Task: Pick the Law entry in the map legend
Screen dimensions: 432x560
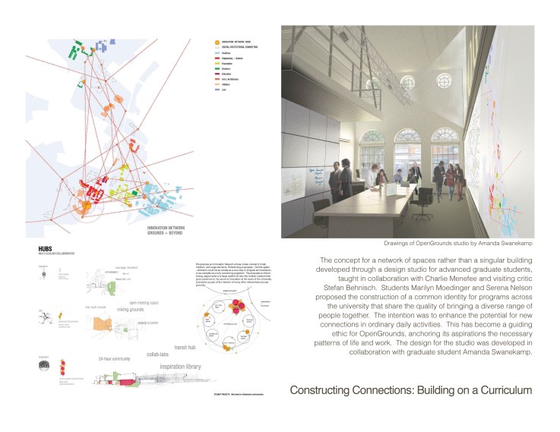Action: (224, 90)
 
